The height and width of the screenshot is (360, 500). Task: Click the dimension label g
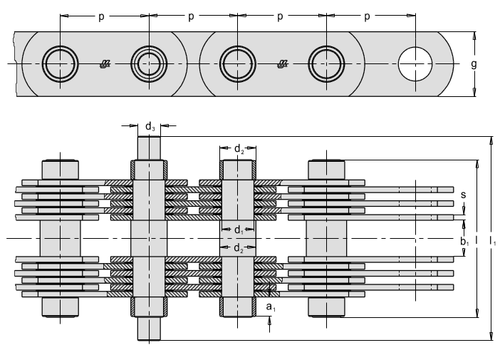click(474, 64)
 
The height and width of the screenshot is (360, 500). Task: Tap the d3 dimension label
click(150, 127)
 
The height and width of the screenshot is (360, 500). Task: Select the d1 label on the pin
click(239, 230)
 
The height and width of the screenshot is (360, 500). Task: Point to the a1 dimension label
click(271, 307)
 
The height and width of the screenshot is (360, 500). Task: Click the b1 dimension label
click(464, 242)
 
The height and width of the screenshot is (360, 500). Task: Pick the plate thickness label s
click(464, 195)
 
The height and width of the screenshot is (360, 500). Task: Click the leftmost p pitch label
click(101, 16)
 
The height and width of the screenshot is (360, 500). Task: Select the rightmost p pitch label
click(367, 16)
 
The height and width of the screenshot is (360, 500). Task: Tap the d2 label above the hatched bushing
click(239, 149)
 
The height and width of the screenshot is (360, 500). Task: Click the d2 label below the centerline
click(239, 248)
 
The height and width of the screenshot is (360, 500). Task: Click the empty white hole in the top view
click(415, 64)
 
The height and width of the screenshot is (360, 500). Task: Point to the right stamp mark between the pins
click(283, 64)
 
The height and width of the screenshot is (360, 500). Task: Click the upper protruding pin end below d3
click(149, 148)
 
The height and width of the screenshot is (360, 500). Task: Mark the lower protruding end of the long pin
click(149, 329)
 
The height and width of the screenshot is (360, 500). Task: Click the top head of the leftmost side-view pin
click(61, 170)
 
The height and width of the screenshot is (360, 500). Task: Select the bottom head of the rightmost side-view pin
click(326, 307)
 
